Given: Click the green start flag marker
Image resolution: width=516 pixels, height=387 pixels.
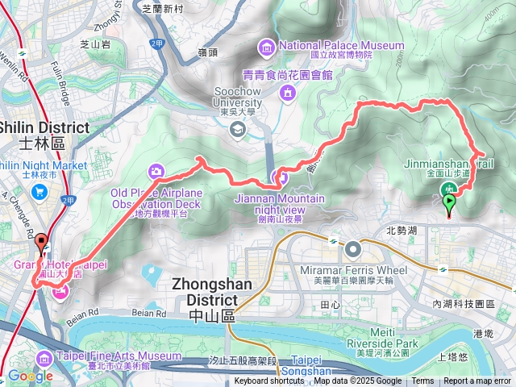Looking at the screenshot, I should [x=449, y=202].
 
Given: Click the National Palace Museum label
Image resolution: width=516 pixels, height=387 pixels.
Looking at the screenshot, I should [x=342, y=45].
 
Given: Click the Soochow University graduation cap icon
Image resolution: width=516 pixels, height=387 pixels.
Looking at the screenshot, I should [x=237, y=129].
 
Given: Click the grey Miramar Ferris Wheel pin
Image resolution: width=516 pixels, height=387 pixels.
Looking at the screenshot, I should [x=355, y=248].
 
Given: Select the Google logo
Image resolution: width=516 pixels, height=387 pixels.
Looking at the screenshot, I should [x=30, y=376].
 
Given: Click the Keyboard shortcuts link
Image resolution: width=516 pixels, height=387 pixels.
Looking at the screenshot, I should [x=269, y=381].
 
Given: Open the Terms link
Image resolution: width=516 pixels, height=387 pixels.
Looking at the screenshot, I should [x=422, y=381].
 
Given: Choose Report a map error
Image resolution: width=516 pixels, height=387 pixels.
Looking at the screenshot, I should [x=477, y=381].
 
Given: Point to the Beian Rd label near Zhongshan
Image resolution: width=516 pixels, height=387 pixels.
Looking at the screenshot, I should [x=82, y=312].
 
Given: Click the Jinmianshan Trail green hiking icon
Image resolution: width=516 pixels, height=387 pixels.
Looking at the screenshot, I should [x=447, y=189].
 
